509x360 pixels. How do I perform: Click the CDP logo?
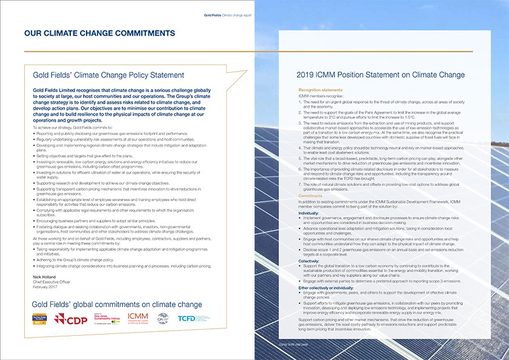72,319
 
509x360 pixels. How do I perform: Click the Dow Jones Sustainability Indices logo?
106,319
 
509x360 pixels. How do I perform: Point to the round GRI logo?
163,319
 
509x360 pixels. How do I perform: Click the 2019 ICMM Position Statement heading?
381,75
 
